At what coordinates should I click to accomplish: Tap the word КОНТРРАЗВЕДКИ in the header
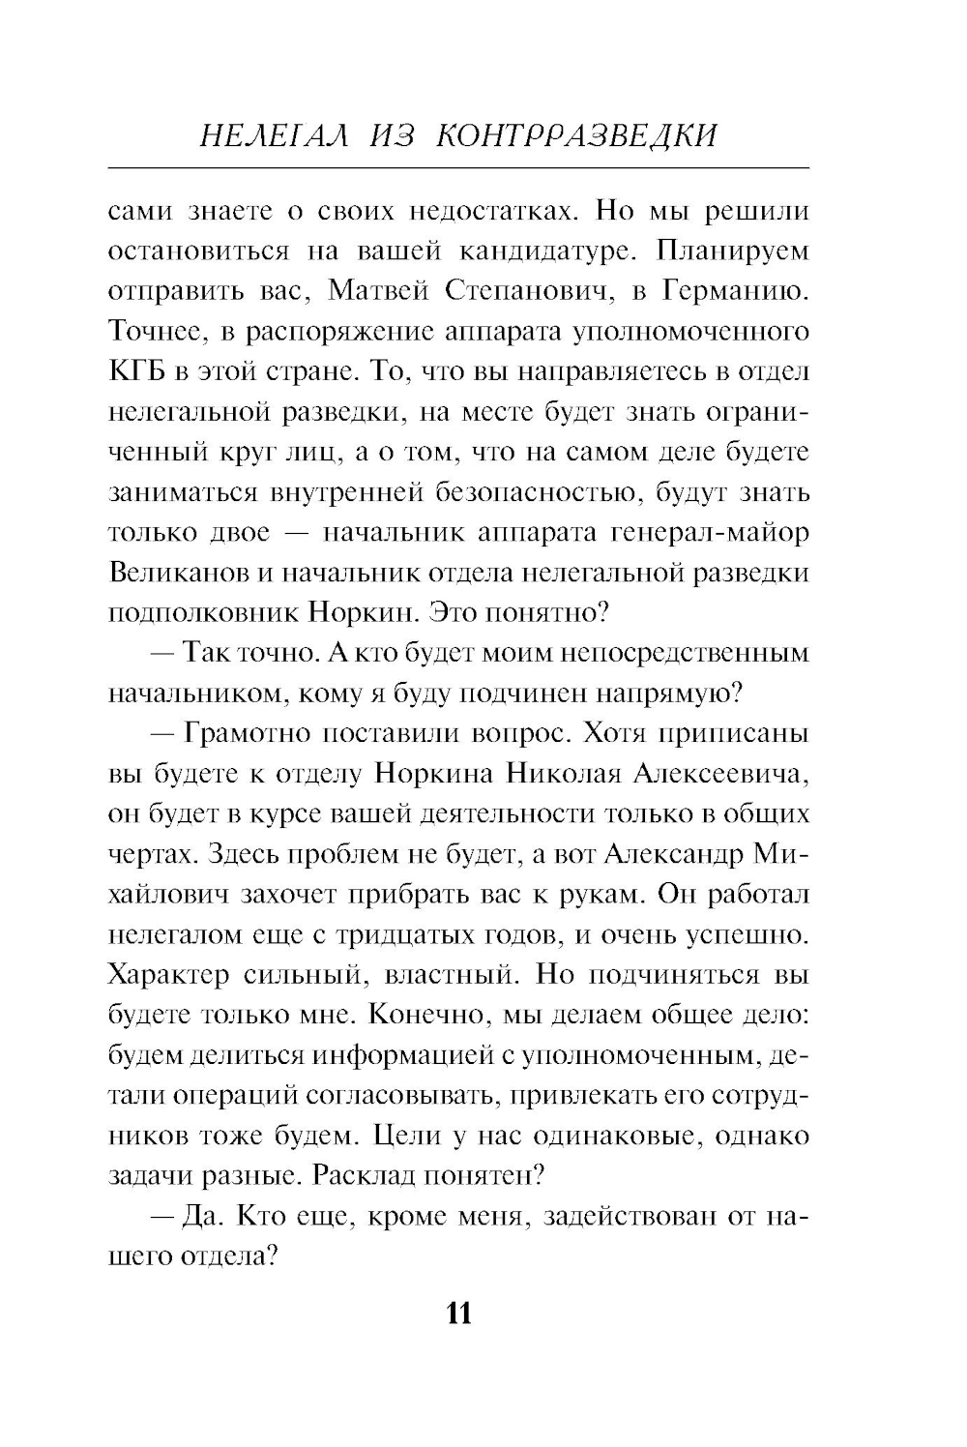click(577, 135)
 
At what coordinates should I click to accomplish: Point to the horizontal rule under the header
click(459, 168)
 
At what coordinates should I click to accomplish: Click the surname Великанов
click(176, 573)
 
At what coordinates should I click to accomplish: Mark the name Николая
click(564, 774)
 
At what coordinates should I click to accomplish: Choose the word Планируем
click(732, 251)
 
